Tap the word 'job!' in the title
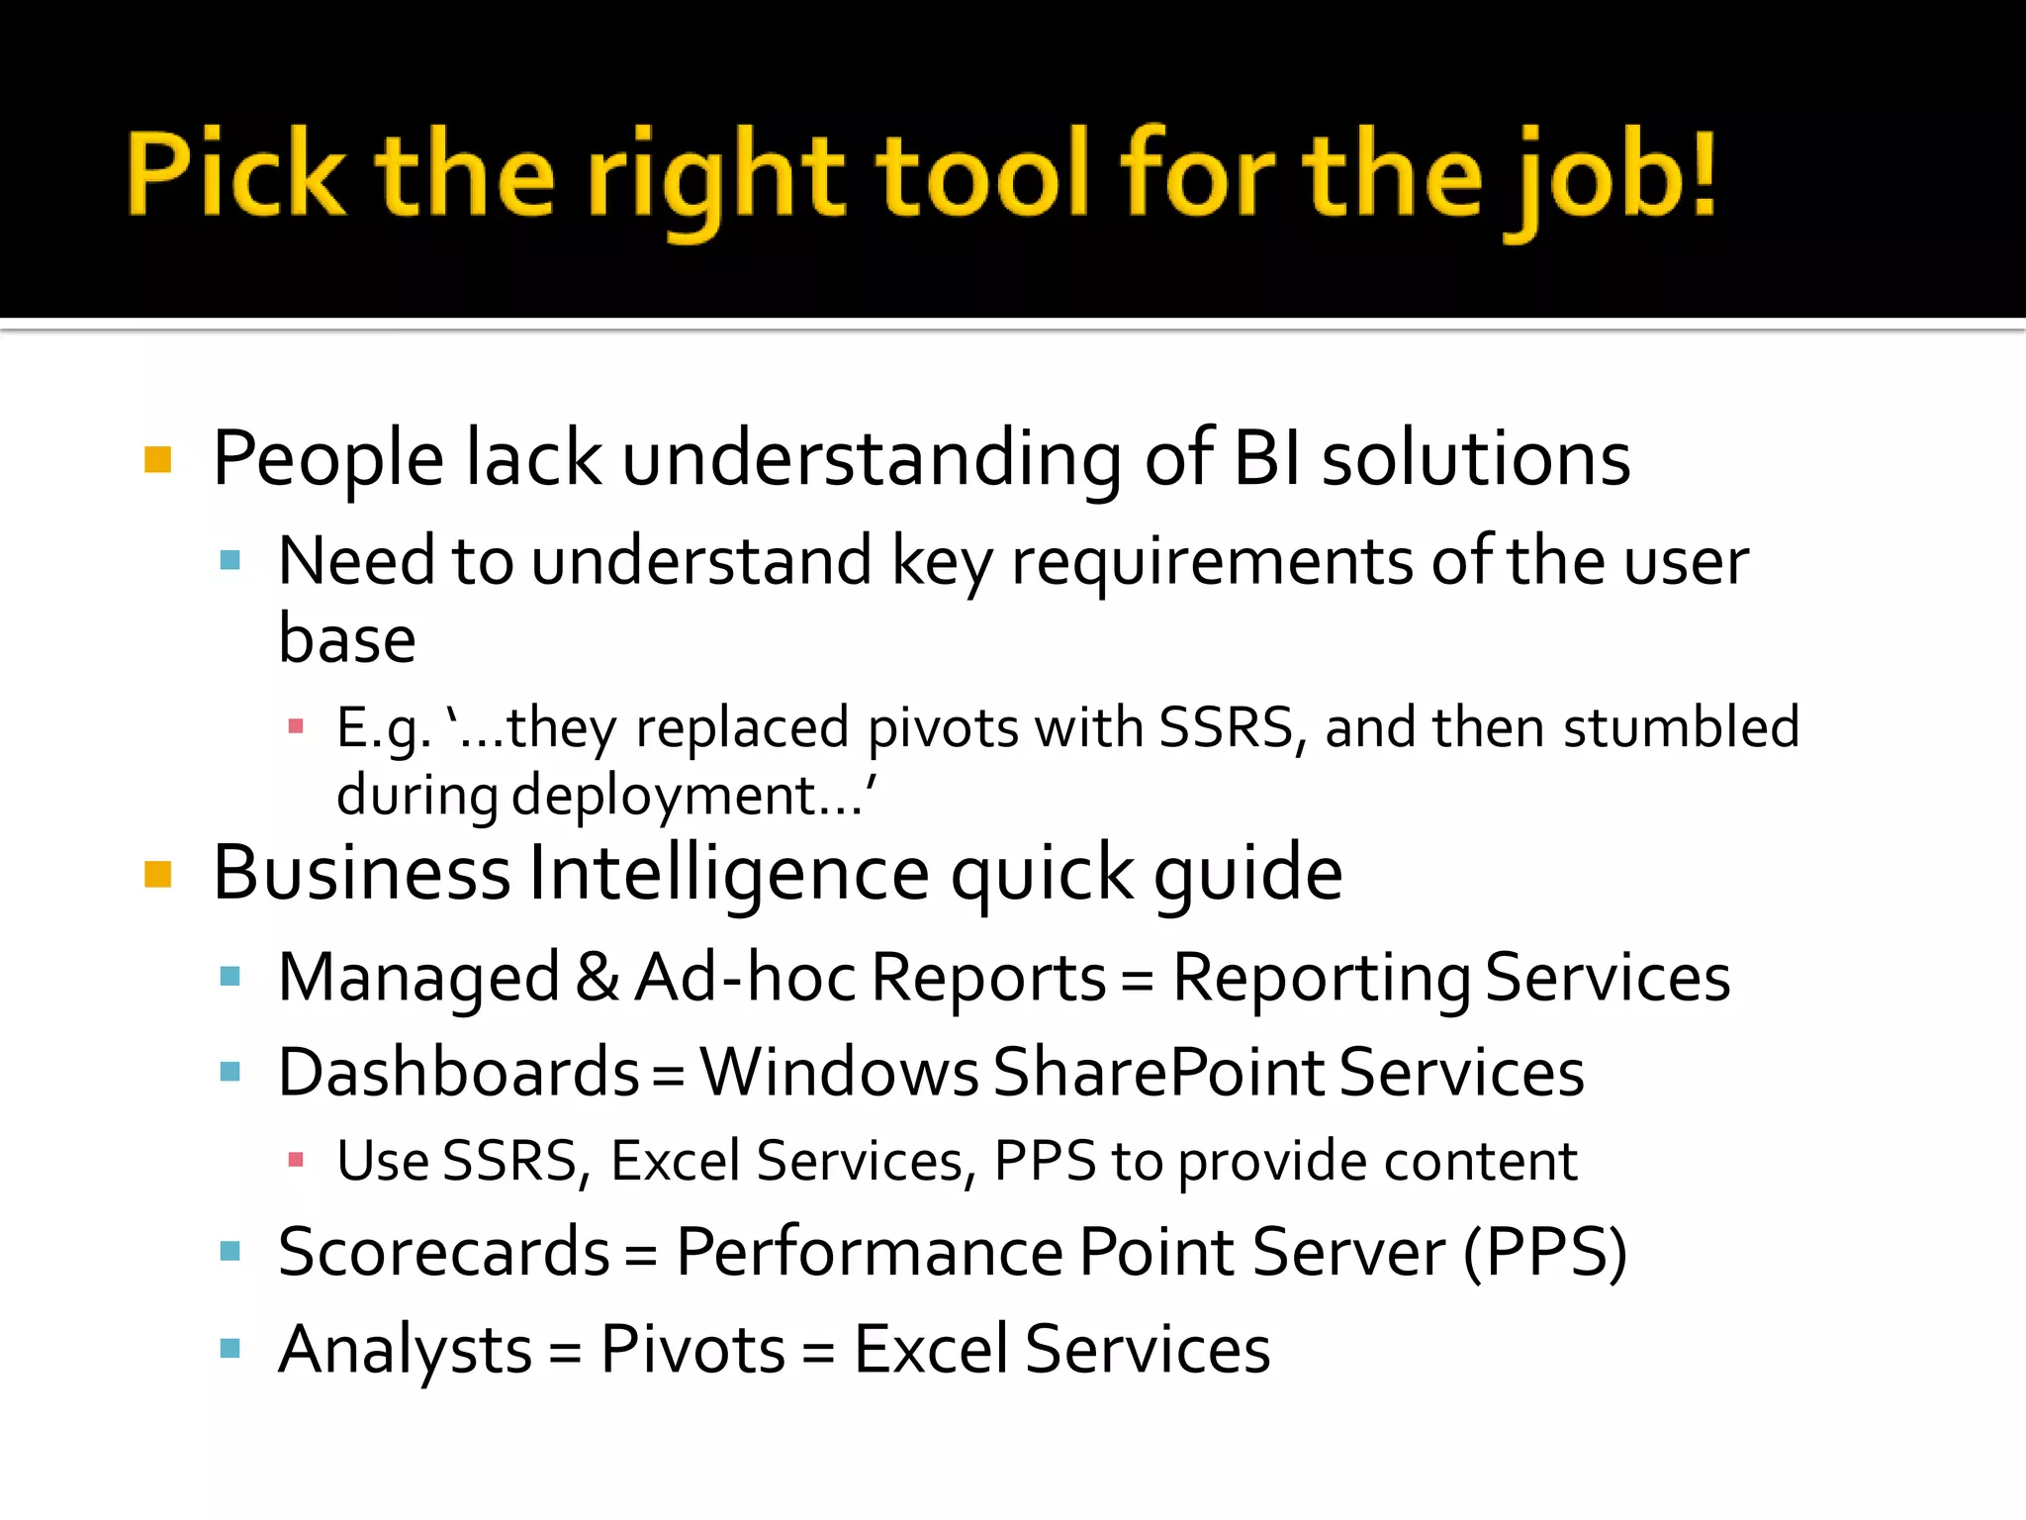pos(1610,178)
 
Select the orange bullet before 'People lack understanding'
pos(158,460)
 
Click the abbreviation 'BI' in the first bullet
pos(1267,459)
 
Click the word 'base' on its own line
pos(346,639)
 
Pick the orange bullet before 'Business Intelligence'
pos(158,875)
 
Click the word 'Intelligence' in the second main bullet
pos(729,875)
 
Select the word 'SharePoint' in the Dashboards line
pos(1158,1073)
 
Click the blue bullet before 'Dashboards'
pos(230,1072)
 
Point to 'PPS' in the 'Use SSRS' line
pos(1045,1161)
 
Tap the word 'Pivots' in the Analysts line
pos(692,1350)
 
